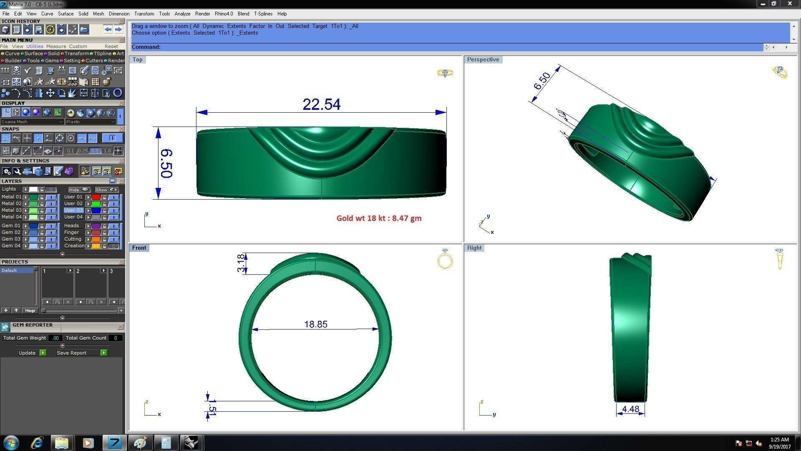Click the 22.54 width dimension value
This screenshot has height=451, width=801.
(321, 104)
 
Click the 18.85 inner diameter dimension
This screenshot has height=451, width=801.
(316, 324)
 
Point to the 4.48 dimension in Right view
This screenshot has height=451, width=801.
(630, 409)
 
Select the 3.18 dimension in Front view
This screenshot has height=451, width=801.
(241, 263)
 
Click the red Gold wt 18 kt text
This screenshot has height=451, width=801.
(379, 218)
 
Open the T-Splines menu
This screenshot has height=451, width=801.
(263, 14)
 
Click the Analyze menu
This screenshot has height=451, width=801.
(182, 14)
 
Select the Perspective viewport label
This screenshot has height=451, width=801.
(483, 60)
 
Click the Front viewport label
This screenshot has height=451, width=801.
(139, 248)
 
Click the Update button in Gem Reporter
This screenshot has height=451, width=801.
(28, 353)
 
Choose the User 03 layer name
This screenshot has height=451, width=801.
(73, 210)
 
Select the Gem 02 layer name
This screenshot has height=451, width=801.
(11, 232)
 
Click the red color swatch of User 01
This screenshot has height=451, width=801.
(96, 197)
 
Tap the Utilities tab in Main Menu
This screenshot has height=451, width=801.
(35, 46)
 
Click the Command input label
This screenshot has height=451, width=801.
(146, 47)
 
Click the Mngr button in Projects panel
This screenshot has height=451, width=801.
(30, 311)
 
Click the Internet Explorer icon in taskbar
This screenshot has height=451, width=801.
(38, 443)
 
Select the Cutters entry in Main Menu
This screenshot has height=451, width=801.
(94, 61)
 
